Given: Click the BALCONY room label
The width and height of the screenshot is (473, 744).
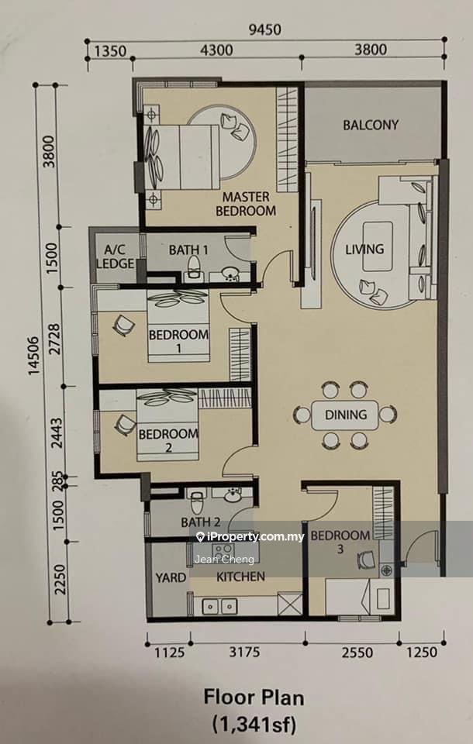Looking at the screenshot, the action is click(371, 125).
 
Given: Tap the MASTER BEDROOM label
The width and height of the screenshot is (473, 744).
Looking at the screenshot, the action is click(246, 204).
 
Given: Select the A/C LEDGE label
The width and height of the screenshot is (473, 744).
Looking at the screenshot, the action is click(115, 257).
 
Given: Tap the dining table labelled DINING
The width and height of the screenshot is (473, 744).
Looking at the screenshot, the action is click(345, 415).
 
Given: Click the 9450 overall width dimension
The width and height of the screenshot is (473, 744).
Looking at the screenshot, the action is click(265, 29).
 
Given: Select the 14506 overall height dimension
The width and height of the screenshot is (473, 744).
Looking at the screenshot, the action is click(34, 350).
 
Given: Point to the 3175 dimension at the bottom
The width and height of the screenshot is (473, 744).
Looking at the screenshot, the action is click(244, 652).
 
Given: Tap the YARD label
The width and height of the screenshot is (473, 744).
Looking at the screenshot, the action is click(171, 577).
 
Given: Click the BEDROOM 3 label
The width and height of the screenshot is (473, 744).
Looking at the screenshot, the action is click(340, 542).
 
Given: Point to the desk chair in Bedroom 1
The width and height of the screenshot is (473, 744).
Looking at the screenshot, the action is click(124, 325).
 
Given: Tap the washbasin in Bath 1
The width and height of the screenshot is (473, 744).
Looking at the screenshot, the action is click(230, 273).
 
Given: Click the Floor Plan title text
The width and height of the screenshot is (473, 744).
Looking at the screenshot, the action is click(254, 698).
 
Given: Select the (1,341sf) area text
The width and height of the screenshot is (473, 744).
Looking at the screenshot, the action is click(254, 725).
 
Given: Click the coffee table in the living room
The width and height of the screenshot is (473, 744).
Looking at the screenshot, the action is click(378, 246).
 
